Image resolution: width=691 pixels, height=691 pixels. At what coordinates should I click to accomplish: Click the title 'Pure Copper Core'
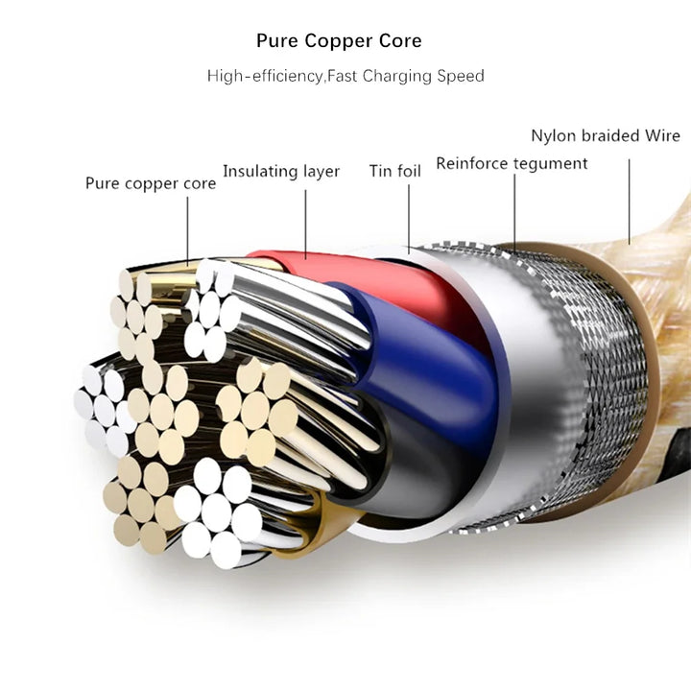[339, 41]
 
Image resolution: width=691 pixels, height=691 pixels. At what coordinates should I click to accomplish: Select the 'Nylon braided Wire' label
[605, 135]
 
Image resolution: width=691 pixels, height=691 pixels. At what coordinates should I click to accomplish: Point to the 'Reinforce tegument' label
[512, 163]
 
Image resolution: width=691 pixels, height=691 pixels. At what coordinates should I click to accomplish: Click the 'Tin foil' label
[395, 172]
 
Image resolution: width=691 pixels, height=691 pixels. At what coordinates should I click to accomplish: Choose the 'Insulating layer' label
[281, 172]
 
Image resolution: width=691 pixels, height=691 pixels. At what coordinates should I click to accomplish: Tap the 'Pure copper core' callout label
[151, 182]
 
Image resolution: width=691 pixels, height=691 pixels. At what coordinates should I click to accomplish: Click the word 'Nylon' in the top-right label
[554, 135]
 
